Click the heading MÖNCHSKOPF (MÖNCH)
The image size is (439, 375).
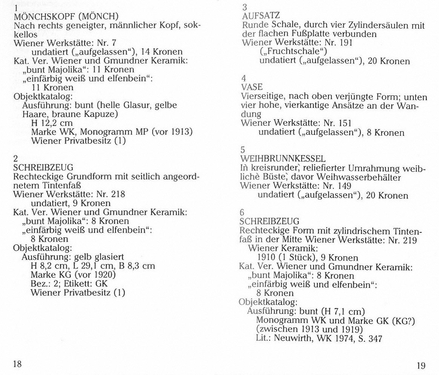click(66, 17)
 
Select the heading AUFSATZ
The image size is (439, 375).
click(261, 16)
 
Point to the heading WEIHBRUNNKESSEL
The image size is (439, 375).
click(283, 159)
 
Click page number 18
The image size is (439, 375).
click(17, 364)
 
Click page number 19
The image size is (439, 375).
click(421, 365)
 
